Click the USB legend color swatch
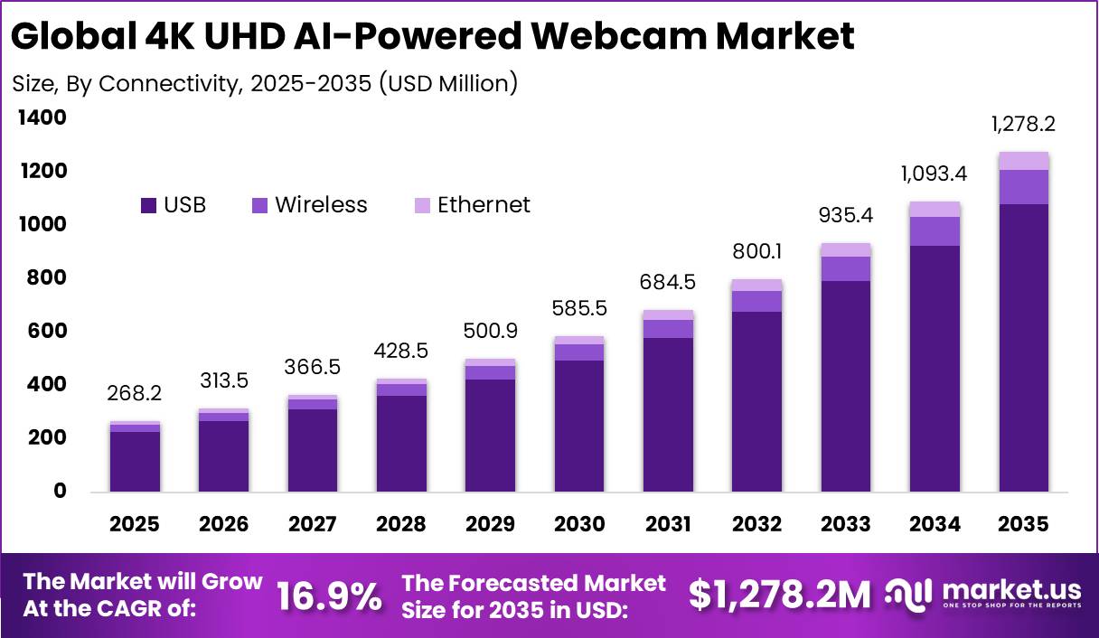(x=149, y=206)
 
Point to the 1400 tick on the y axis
(x=41, y=117)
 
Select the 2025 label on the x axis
(x=135, y=525)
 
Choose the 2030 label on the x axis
(x=579, y=525)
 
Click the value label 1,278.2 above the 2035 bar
(x=1024, y=124)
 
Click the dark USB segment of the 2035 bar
(x=1024, y=348)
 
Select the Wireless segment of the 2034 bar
(x=935, y=231)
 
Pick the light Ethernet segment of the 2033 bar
(x=846, y=249)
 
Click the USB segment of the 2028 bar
(x=401, y=443)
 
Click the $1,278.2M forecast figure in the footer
(x=779, y=595)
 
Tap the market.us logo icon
(x=906, y=594)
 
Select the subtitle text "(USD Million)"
(x=447, y=83)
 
